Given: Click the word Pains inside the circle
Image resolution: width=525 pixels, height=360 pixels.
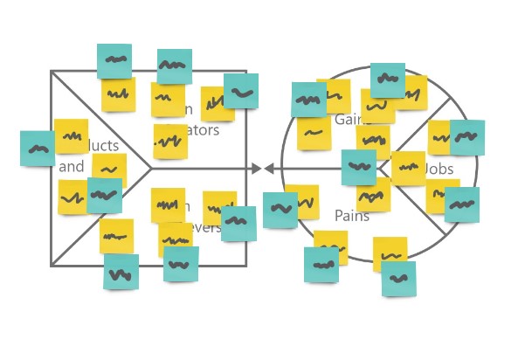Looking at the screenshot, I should click(x=352, y=215).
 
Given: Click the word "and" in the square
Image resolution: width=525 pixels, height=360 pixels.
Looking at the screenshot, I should click(x=72, y=166).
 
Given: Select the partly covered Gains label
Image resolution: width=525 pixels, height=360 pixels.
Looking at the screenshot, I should click(x=347, y=119).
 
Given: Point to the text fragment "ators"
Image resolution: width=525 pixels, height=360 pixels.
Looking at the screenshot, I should click(x=203, y=131).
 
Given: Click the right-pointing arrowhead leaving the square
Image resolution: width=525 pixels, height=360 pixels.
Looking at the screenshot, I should click(x=256, y=169).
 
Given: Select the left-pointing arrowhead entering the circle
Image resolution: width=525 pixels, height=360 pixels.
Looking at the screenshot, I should click(x=269, y=169).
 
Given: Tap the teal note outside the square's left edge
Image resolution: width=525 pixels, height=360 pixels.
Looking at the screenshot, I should click(x=38, y=149).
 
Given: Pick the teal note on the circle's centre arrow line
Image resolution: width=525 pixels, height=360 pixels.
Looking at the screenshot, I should click(x=358, y=167).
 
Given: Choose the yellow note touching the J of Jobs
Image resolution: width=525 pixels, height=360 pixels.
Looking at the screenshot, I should click(x=408, y=168).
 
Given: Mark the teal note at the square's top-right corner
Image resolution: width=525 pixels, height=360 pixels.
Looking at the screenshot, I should click(x=241, y=91).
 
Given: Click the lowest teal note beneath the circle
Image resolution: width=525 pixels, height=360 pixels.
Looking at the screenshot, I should click(x=398, y=279).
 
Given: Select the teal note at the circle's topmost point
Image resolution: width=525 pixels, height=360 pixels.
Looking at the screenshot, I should click(x=387, y=80).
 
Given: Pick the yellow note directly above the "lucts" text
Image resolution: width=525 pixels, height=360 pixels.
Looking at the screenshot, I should click(x=72, y=135).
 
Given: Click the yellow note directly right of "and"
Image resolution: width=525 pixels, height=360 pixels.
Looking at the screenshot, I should click(x=109, y=170).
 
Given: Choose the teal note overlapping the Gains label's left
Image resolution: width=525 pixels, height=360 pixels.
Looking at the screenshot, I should click(x=308, y=100).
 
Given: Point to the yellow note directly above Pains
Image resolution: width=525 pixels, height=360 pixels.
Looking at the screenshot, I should click(x=373, y=195).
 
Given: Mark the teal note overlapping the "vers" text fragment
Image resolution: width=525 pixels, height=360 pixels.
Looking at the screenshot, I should click(x=238, y=223).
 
